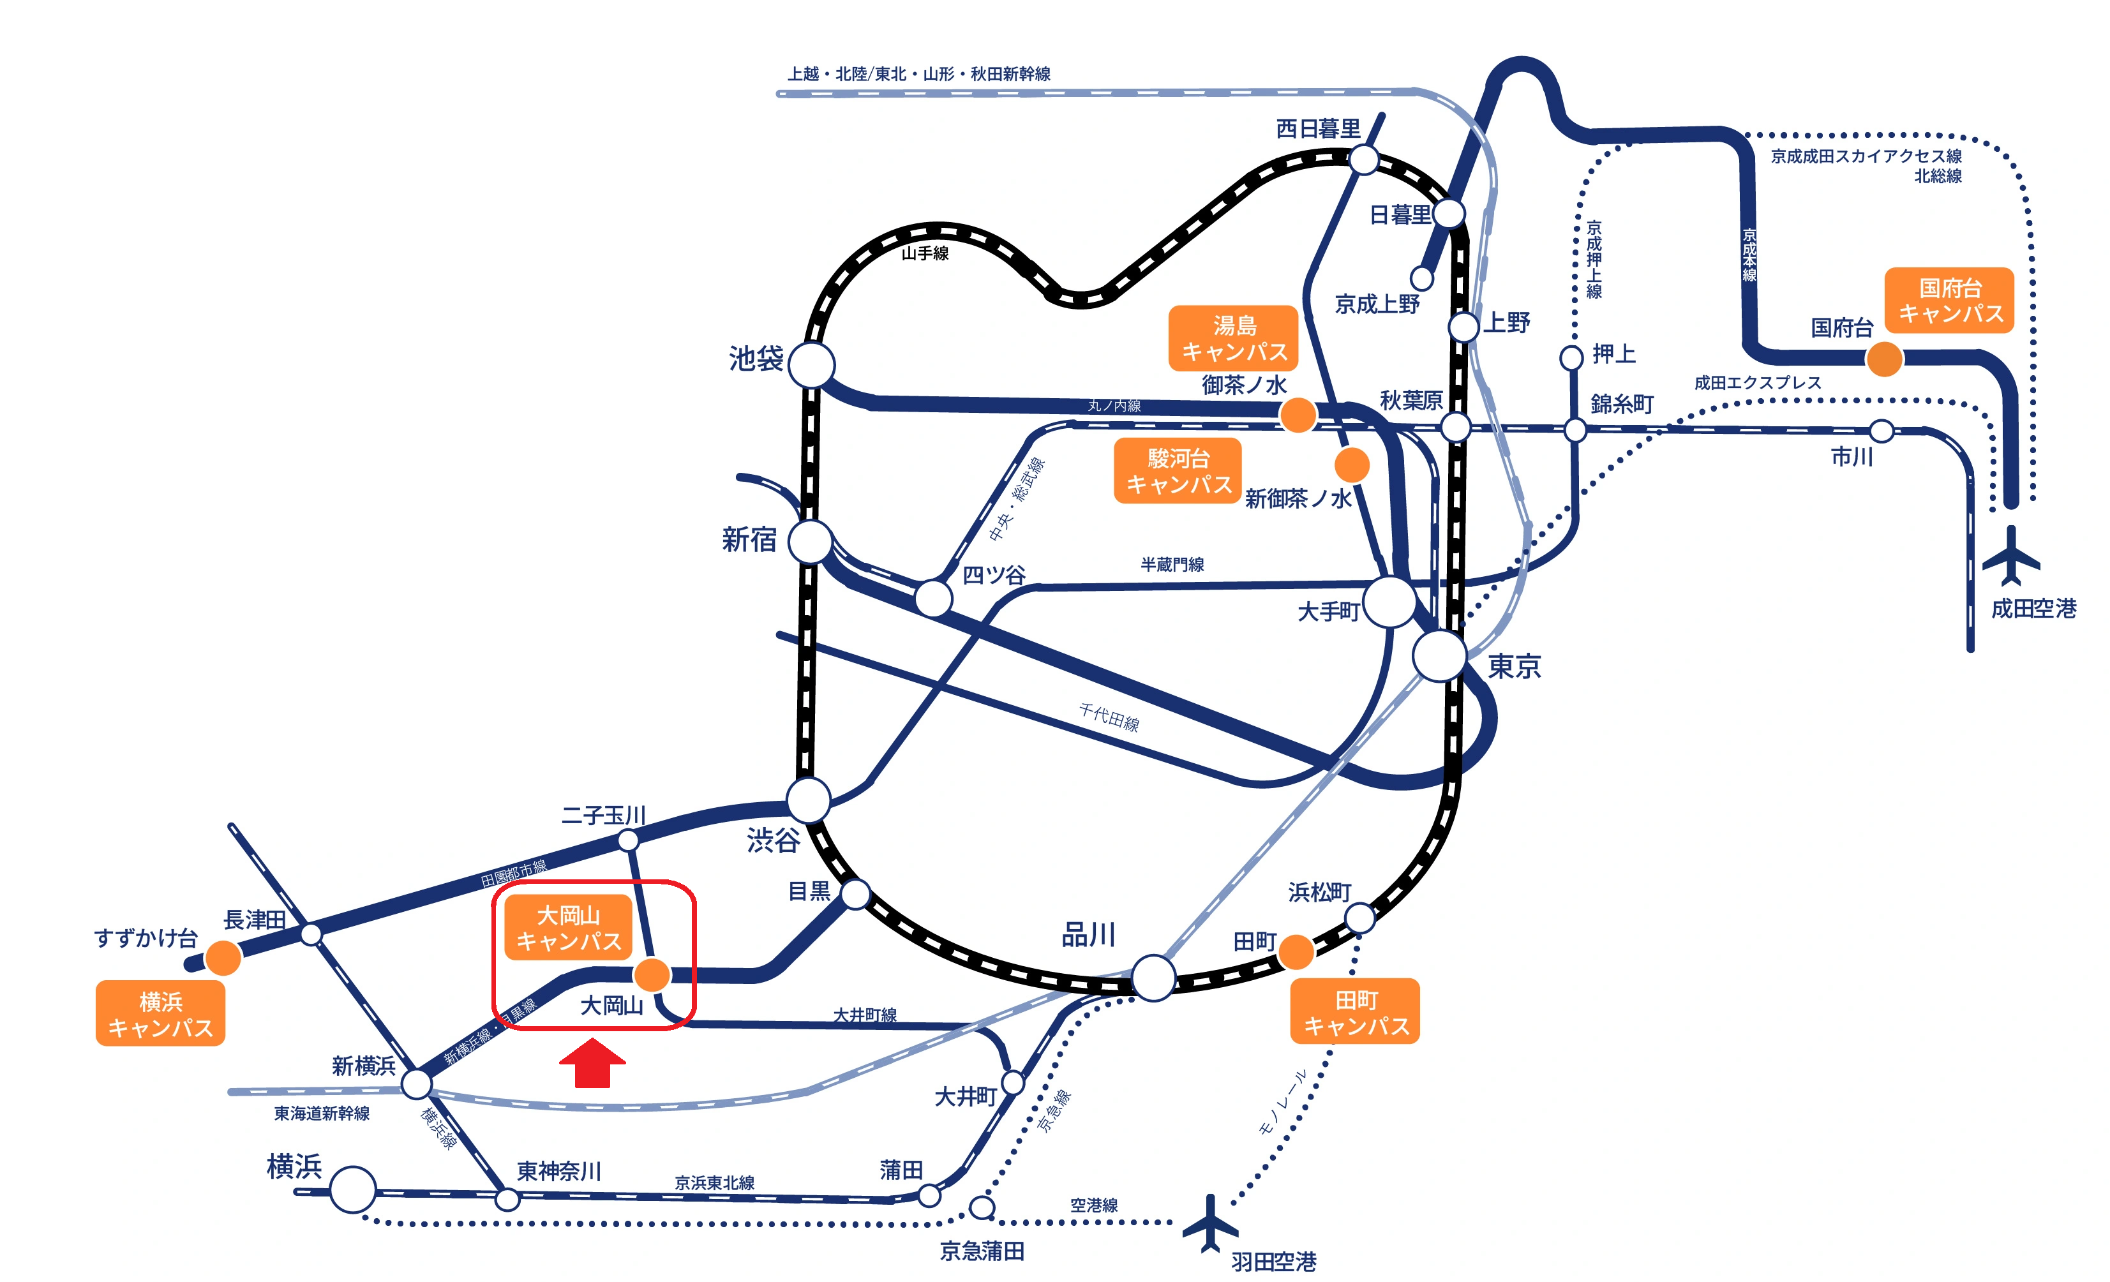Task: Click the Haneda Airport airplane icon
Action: tap(1211, 1222)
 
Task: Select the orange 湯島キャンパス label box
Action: tap(1234, 338)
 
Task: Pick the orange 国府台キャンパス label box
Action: tap(1950, 301)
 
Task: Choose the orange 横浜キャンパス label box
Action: tap(160, 1014)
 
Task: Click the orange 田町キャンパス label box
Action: tap(1356, 1011)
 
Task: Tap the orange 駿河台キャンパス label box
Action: tap(1178, 471)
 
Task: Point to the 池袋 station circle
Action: tap(811, 366)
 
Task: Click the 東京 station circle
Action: tap(1439, 656)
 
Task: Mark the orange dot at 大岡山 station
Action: tap(652, 974)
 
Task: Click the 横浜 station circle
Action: tap(353, 1189)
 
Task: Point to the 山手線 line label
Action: tap(925, 253)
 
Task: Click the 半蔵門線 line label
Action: tap(1172, 564)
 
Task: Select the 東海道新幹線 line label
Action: tap(322, 1114)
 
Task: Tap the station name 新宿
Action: tap(749, 539)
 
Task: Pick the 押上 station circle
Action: tap(1571, 358)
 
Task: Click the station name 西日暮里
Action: tap(1319, 128)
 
